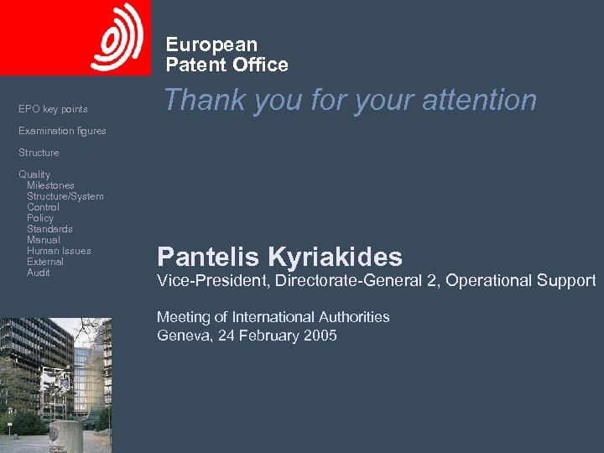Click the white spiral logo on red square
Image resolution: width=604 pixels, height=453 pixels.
(117, 37)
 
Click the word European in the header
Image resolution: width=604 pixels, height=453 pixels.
(211, 44)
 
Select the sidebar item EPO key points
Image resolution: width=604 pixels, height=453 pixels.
(53, 109)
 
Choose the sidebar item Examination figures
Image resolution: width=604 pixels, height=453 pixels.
(62, 131)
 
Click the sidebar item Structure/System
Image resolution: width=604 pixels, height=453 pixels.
(65, 196)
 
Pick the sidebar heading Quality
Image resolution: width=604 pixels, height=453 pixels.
(34, 174)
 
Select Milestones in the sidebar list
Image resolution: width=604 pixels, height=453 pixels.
(50, 185)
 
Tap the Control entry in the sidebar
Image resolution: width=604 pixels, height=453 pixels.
(43, 207)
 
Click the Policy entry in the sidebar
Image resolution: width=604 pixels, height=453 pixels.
(40, 218)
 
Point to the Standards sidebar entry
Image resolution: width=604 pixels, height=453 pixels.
(49, 229)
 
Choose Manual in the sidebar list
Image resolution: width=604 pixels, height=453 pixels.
(43, 240)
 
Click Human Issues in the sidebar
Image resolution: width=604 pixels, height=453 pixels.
(59, 251)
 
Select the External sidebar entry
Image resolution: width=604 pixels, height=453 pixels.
(45, 262)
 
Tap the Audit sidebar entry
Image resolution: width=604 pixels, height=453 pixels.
(39, 273)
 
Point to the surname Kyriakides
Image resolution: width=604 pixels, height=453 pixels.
(335, 257)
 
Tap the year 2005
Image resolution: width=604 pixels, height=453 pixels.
(319, 336)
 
